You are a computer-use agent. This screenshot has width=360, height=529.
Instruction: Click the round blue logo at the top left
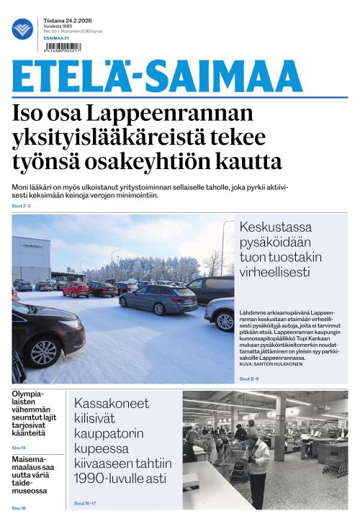pyautogui.click(x=22, y=29)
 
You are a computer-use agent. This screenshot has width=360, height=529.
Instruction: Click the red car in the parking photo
pyautogui.click(x=75, y=289)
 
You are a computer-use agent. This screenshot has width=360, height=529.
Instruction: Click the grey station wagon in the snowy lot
pyautogui.click(x=158, y=298)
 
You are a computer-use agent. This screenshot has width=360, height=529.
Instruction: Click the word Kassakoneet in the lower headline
pyautogui.click(x=108, y=403)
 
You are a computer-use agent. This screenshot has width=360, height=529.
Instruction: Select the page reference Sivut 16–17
pyautogui.click(x=86, y=504)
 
